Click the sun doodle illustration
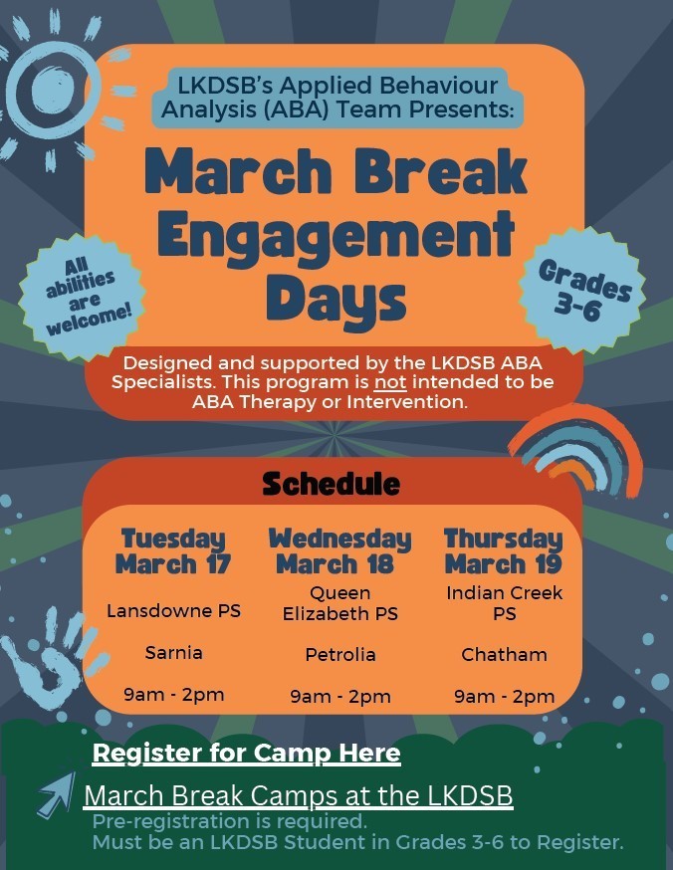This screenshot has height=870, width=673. [x=52, y=85]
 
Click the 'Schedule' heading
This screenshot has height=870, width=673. [x=331, y=485]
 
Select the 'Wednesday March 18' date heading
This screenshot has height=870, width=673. [x=339, y=551]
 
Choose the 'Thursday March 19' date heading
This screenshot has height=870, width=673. [x=503, y=551]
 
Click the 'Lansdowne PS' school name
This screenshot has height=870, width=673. [x=173, y=610]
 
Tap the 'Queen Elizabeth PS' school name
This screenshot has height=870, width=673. [x=339, y=603]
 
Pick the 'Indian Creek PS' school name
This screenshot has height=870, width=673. [x=504, y=603]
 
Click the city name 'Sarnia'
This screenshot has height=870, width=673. [x=173, y=653]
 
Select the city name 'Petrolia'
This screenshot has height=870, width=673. [x=339, y=654]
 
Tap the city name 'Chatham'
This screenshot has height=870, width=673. [x=504, y=654]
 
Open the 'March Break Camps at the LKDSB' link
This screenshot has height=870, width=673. [x=298, y=796]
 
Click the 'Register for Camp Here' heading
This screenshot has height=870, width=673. [x=246, y=754]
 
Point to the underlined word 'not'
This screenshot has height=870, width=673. [x=386, y=382]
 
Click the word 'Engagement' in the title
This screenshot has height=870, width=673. [x=336, y=236]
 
